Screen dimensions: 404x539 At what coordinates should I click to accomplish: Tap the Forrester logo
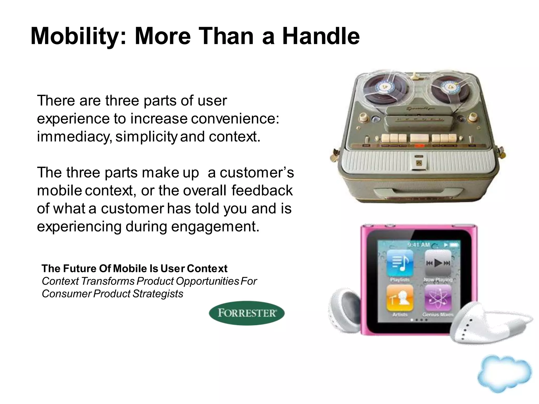click(x=247, y=313)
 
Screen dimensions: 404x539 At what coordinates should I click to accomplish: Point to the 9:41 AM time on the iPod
click(x=418, y=245)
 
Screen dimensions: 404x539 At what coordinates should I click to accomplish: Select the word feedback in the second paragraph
click(x=262, y=190)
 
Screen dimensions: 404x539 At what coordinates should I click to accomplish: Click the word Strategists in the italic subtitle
click(x=158, y=294)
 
